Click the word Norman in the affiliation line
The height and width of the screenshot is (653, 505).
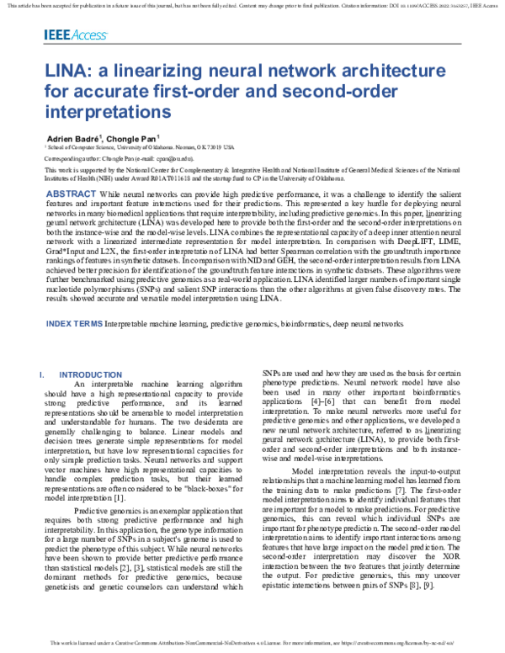pyautogui.click(x=189, y=146)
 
